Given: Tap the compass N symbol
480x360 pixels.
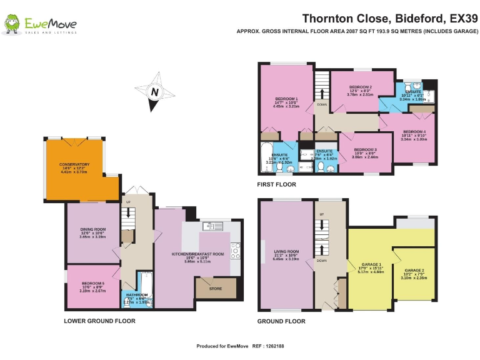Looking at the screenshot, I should coord(153,92).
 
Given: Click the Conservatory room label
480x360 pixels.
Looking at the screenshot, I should coord(75,165).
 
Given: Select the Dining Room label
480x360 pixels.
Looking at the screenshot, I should coord(92,229).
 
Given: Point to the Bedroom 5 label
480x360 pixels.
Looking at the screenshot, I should coord(92,284).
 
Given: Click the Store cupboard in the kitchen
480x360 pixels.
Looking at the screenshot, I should coord(216,288).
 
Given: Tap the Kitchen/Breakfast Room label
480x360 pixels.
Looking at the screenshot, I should coord(197,254).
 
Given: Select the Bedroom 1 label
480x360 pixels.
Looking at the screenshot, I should coord(287,99).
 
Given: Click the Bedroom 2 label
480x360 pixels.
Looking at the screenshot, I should coord(361,87).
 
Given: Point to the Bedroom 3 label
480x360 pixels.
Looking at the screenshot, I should coord(365,150).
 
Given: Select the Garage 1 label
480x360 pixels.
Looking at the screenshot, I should coord(370,264).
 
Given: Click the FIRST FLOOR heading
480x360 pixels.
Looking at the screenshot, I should coord(276,185).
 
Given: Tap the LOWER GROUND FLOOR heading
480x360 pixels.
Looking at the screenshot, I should coord(99,321).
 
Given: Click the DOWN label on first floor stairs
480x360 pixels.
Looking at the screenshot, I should coord(322,105).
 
